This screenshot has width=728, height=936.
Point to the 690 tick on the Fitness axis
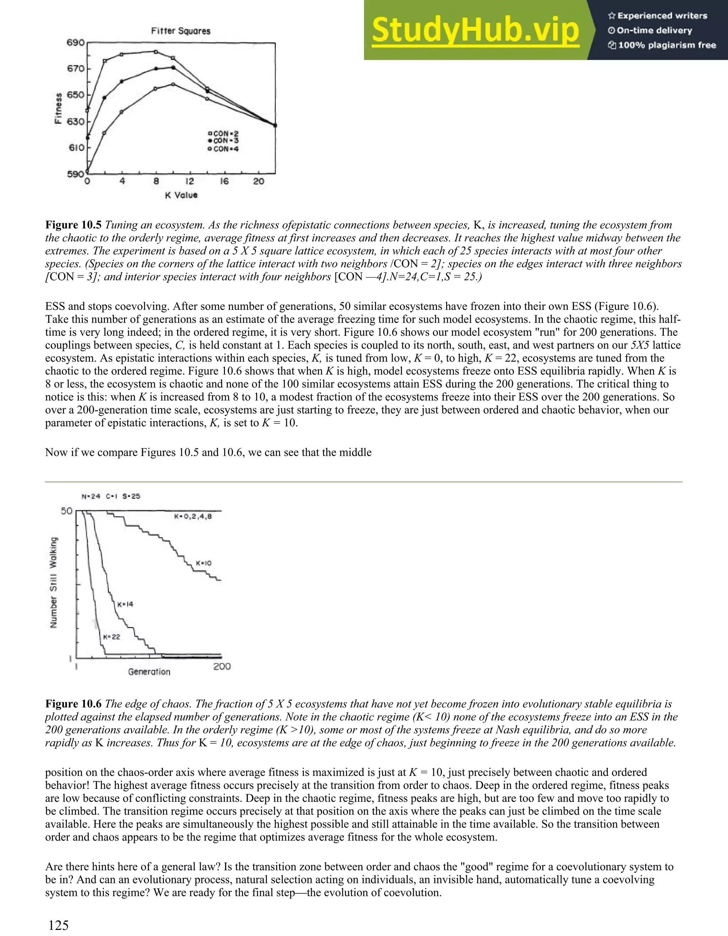[x=75, y=43]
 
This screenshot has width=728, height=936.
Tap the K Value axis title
[x=181, y=195]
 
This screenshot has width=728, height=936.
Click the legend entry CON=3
[x=223, y=140]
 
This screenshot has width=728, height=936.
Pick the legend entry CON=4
[x=223, y=149]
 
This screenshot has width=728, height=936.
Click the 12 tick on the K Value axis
[x=189, y=182]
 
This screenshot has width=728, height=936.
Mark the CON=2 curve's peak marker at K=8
[x=156, y=52]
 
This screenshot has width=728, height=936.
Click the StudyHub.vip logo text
[x=475, y=30]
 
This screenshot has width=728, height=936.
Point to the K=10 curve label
[x=204, y=563]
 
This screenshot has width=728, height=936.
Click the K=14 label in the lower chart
[x=125, y=604]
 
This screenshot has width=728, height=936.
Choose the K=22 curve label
[x=111, y=637]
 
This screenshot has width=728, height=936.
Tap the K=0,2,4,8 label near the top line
[x=193, y=517]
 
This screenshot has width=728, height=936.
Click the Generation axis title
[x=149, y=672]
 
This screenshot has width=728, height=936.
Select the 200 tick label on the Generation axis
[x=222, y=667]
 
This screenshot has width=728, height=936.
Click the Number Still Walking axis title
[x=54, y=583]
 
